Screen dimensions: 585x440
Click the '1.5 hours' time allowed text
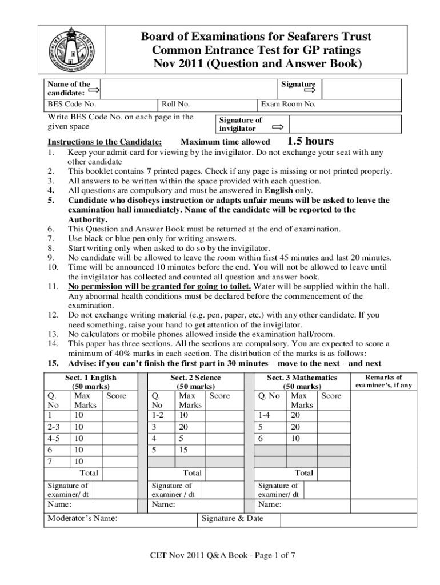[310, 141]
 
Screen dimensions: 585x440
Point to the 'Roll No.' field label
[175, 105]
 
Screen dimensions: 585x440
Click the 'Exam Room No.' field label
[288, 105]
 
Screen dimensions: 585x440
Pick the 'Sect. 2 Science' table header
[195, 378]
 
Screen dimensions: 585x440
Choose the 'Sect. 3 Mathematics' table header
[302, 378]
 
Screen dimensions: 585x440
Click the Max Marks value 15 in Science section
[184, 450]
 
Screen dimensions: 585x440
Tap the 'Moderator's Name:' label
[82, 518]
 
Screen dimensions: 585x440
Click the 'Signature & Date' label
[233, 518]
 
